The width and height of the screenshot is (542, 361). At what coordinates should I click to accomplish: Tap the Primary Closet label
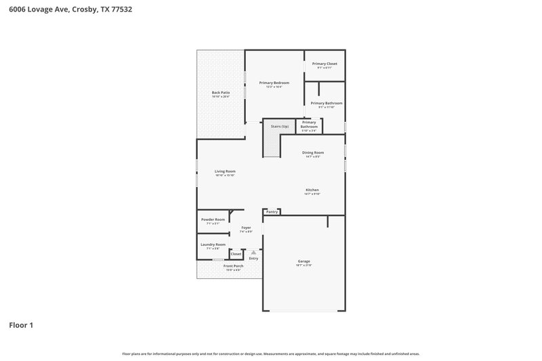coord(324,64)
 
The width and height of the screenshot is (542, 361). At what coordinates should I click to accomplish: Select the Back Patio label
coord(221,93)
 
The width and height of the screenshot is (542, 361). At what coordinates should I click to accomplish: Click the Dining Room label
coord(312,152)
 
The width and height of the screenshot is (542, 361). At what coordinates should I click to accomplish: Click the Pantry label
coord(272,212)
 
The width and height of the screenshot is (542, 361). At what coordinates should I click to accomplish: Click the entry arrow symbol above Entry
coord(253,252)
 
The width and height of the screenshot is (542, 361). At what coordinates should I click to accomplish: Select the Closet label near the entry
coord(236,254)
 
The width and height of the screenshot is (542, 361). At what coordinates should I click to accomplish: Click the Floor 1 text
coord(21,325)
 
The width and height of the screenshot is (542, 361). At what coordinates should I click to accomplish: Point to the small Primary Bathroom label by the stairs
coord(309,125)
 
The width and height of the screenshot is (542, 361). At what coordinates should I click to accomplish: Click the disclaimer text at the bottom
coord(271,354)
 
